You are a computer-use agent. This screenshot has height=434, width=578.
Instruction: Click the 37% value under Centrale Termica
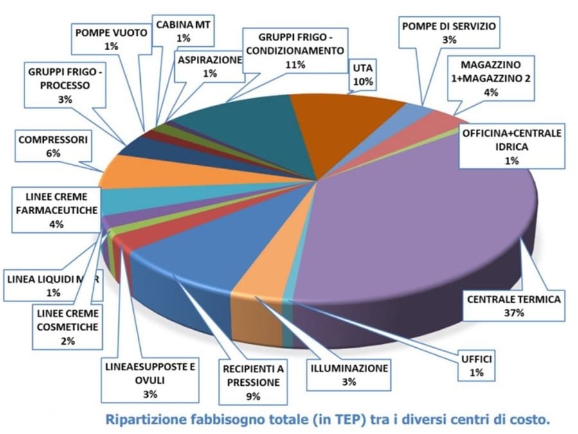(x=514, y=313)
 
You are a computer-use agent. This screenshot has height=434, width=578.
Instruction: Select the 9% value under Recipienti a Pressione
(x=251, y=396)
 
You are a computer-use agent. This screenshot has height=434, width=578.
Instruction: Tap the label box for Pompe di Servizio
(x=449, y=33)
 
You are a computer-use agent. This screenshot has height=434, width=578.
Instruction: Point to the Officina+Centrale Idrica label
(x=511, y=147)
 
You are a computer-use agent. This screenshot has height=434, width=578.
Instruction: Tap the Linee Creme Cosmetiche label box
(x=68, y=327)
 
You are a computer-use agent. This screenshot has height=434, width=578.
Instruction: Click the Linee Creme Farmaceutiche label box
(x=56, y=209)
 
